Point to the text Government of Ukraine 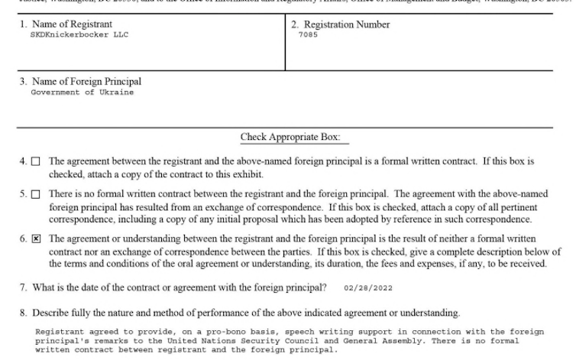click(82, 92)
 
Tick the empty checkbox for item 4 click(36, 162)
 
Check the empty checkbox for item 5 click(36, 195)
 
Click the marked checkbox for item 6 click(36, 239)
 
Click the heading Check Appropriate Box click(294, 138)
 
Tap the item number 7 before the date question click(24, 288)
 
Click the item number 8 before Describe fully click(24, 313)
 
